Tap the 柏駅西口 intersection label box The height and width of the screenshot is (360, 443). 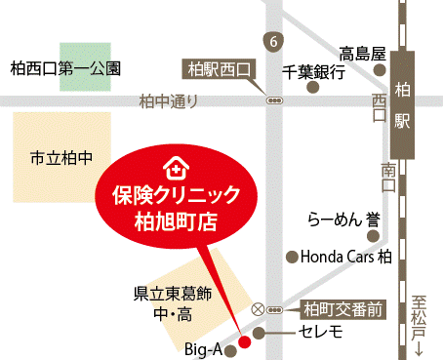click(219, 69)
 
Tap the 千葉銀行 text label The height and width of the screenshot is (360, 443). click(314, 71)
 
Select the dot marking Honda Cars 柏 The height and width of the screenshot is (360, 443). click(291, 258)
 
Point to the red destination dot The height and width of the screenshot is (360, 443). click(245, 341)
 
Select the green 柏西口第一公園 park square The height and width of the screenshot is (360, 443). click(85, 67)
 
